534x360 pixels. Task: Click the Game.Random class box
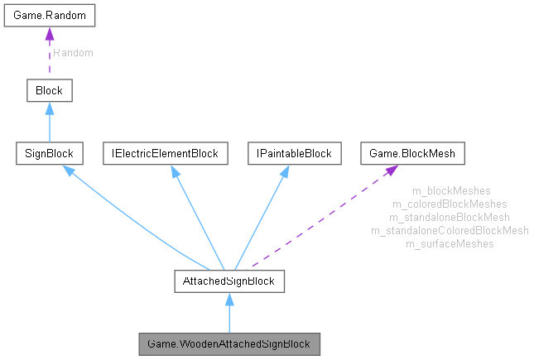pyautogui.click(x=49, y=17)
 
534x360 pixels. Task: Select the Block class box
pyautogui.click(x=49, y=89)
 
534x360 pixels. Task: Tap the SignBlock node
pyautogui.click(x=49, y=153)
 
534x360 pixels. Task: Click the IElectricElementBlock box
pyautogui.click(x=166, y=153)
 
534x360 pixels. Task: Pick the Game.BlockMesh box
pyautogui.click(x=413, y=153)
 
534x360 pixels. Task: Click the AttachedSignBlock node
pyautogui.click(x=229, y=281)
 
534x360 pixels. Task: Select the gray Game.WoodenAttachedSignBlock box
pyautogui.click(x=229, y=342)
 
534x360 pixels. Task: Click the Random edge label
pyautogui.click(x=73, y=53)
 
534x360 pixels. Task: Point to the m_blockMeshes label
pyautogui.click(x=450, y=191)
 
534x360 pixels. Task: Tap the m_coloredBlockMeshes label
pyautogui.click(x=450, y=204)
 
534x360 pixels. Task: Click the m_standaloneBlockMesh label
pyautogui.click(x=450, y=218)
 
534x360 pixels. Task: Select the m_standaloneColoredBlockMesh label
pyautogui.click(x=450, y=231)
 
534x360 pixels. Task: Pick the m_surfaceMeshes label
pyautogui.click(x=450, y=244)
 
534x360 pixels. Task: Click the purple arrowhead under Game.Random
pyautogui.click(x=49, y=35)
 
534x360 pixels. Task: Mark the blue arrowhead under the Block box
pyautogui.click(x=49, y=108)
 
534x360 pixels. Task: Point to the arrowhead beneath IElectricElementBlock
pyautogui.click(x=174, y=170)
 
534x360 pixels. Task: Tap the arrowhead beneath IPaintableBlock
pyautogui.click(x=284, y=170)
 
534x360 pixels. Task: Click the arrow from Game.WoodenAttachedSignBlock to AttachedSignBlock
pyautogui.click(x=229, y=314)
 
